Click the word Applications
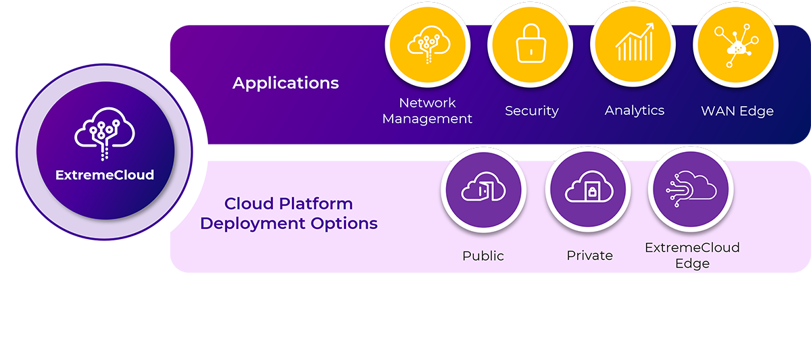[286, 83]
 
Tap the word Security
[532, 111]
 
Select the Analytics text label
[635, 111]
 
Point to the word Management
[427, 119]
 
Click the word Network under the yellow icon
[427, 103]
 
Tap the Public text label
[483, 256]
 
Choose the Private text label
[589, 256]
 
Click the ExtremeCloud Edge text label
[692, 255]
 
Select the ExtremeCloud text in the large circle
[105, 176]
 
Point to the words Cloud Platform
[289, 204]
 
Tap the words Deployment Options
[289, 224]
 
